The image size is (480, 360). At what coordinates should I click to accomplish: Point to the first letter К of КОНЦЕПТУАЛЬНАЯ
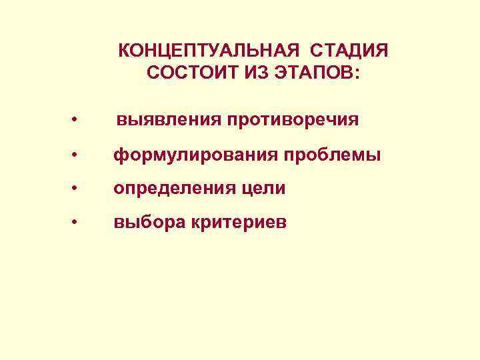[124, 51]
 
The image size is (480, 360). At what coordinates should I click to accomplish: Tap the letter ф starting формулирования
[119, 156]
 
